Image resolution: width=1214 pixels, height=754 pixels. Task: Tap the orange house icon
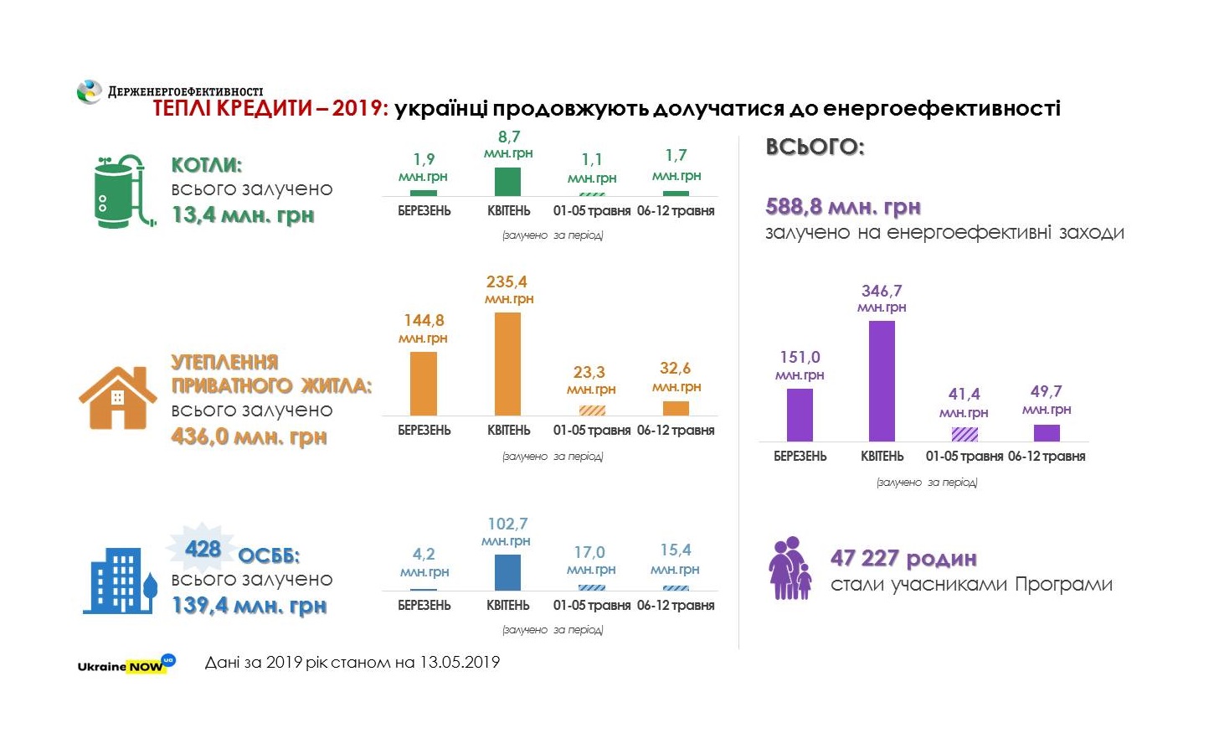(x=117, y=398)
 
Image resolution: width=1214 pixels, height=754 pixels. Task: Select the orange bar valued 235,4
(x=507, y=364)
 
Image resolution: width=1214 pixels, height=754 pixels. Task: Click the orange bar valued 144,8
(x=424, y=384)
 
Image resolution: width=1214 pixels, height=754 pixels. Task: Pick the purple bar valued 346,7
(x=882, y=380)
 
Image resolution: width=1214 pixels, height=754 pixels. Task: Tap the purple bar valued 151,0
(x=800, y=415)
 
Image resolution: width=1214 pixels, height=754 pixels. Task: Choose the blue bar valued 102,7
(x=507, y=572)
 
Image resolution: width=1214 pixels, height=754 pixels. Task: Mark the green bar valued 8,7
(x=507, y=182)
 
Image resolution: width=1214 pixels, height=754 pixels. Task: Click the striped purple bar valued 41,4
(x=965, y=434)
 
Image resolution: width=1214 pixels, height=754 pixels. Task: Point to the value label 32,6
(x=675, y=369)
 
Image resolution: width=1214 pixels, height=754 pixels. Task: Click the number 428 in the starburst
(x=203, y=549)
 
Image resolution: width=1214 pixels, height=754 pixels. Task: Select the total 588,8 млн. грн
(x=843, y=206)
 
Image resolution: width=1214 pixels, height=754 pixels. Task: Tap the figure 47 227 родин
(x=903, y=558)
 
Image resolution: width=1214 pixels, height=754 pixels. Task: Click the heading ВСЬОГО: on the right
(x=815, y=147)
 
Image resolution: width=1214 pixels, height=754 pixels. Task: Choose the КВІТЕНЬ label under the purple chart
(x=882, y=457)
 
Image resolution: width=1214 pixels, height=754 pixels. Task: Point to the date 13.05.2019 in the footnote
(x=460, y=663)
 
